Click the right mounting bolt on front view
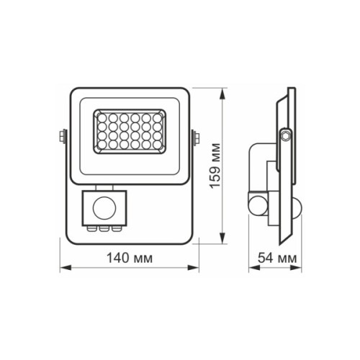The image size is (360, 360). click(x=195, y=135)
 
